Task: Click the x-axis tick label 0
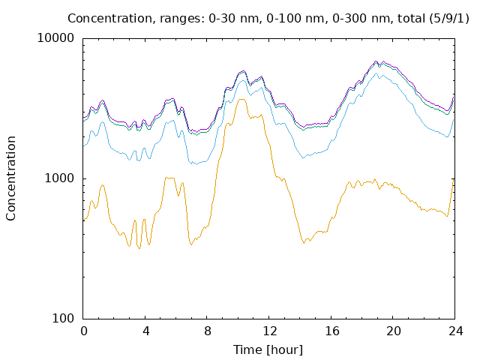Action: tap(84, 331)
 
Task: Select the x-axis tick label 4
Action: tap(146, 331)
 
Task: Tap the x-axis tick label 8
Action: tap(208, 331)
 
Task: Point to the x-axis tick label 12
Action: tap(270, 331)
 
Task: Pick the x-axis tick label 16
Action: tap(332, 331)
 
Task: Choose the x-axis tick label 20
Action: tap(394, 331)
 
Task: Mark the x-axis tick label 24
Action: tap(456, 331)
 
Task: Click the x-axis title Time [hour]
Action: tap(268, 350)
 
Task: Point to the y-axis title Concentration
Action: tap(10, 178)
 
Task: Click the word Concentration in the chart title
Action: tap(110, 18)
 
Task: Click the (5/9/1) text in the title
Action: tap(449, 18)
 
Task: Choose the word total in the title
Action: tap(411, 18)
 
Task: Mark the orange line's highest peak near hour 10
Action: tap(241, 99)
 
